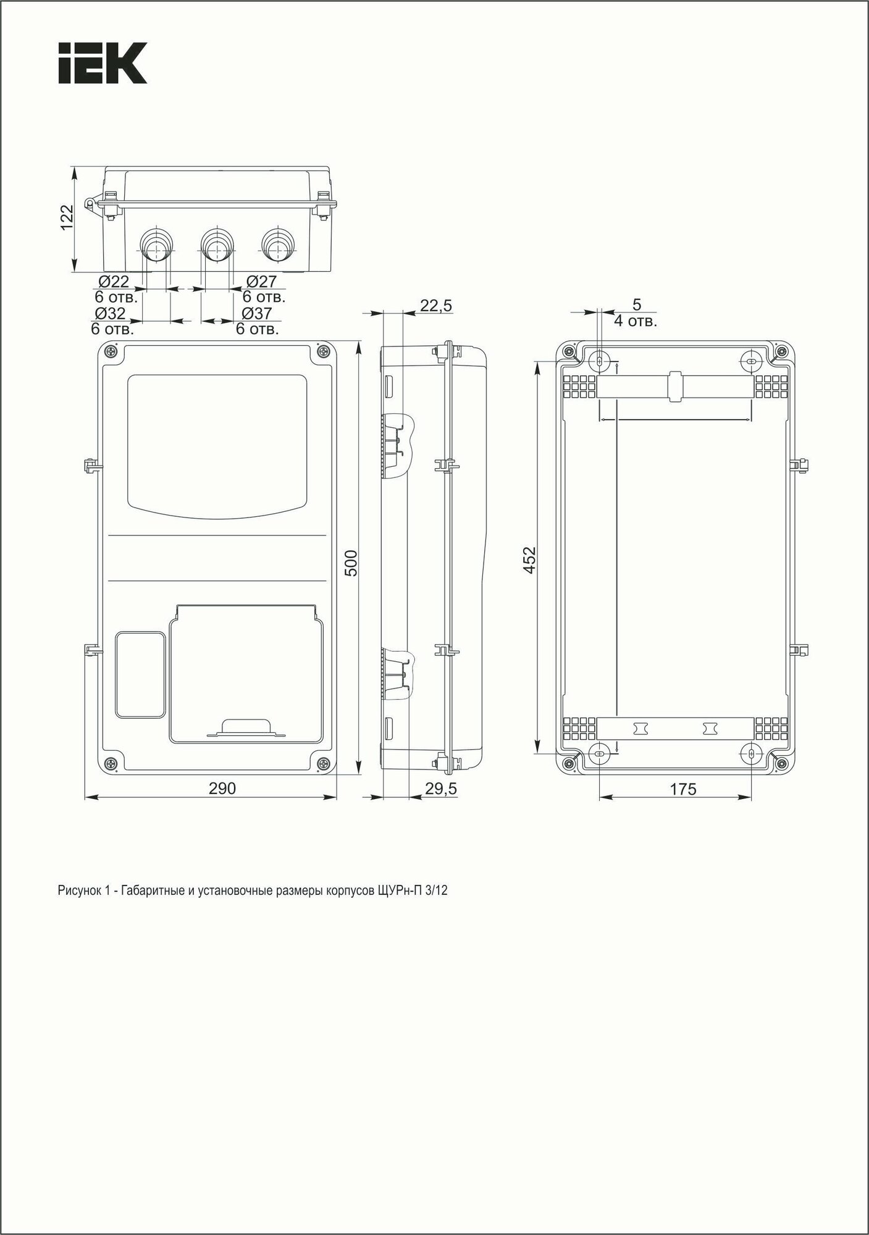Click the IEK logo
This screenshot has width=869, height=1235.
point(103,63)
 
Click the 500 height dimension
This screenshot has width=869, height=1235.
point(351,563)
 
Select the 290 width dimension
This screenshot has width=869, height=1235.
point(222,789)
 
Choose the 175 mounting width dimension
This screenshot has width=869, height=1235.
point(682,789)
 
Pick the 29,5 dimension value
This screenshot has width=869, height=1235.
point(441,789)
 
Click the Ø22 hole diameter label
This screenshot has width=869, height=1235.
point(112,282)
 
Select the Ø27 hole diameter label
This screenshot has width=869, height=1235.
point(261,282)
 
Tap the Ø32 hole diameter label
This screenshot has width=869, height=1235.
point(110,314)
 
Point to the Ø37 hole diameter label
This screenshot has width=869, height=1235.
point(257,314)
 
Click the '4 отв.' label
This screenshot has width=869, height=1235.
point(636,321)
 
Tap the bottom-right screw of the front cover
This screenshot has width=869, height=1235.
point(325,764)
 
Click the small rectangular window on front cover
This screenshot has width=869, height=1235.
point(141,674)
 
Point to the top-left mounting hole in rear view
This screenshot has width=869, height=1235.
point(600,361)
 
